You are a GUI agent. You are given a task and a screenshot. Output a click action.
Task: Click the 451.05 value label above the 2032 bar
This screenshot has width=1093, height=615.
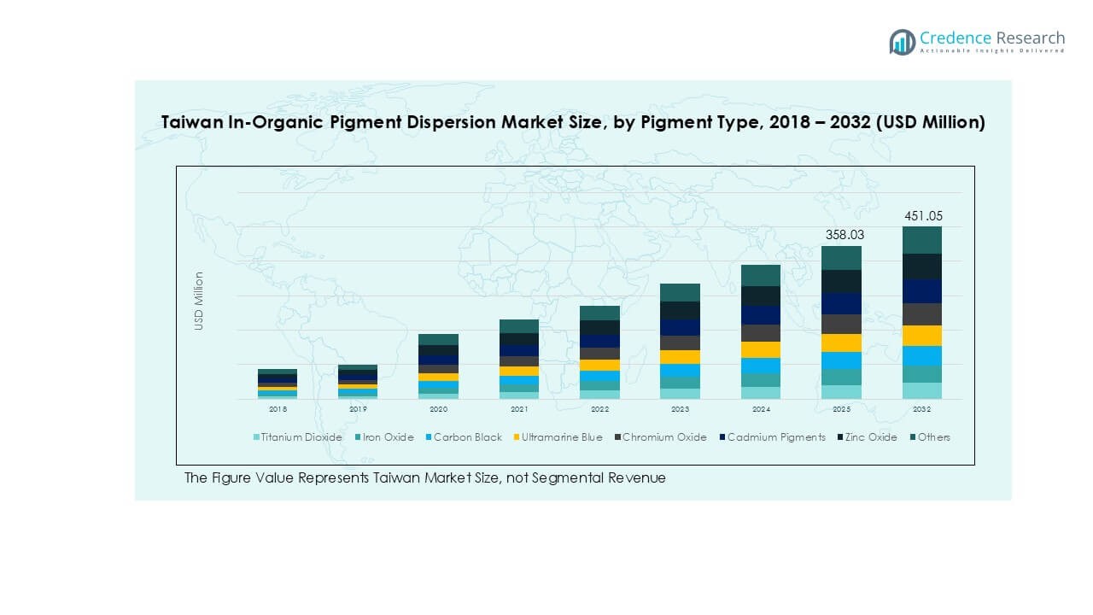[923, 216]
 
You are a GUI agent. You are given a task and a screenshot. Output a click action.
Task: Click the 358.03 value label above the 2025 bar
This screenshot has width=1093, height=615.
[842, 234]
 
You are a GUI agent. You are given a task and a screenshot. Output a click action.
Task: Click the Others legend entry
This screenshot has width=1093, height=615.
[933, 437]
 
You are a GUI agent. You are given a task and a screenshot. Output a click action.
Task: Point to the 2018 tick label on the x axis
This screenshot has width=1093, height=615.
[278, 410]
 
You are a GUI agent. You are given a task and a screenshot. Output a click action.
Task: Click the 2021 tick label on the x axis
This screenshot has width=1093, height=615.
[519, 410]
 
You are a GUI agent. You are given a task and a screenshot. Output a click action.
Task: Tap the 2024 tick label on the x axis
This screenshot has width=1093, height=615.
[761, 410]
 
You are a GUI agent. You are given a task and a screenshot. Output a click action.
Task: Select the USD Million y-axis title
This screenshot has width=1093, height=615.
[199, 301]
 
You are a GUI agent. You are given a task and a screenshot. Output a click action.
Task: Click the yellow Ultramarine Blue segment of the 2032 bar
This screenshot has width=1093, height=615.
[922, 336]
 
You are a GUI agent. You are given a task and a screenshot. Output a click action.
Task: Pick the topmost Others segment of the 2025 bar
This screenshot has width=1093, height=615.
[842, 258]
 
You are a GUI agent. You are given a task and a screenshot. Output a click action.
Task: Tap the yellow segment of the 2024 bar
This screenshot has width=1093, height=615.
[761, 349]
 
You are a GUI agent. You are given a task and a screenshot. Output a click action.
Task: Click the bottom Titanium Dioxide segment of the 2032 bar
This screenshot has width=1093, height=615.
[922, 390]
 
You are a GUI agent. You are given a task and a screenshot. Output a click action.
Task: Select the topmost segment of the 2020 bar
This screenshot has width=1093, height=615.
[438, 339]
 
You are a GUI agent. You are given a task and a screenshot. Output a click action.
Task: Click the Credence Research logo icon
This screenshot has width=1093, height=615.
[902, 41]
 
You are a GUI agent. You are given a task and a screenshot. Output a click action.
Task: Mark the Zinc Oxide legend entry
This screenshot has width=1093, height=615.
[870, 437]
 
